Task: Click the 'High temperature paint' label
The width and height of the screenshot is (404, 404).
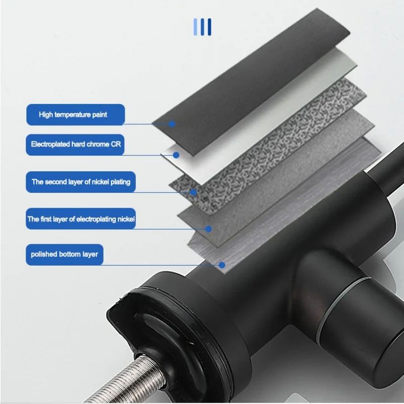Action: pyautogui.click(x=74, y=115)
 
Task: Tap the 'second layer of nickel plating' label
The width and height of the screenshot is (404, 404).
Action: pyautogui.click(x=81, y=182)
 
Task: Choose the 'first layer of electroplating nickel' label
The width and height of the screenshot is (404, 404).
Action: pyautogui.click(x=81, y=219)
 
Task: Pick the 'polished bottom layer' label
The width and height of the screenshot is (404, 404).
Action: pyautogui.click(x=65, y=254)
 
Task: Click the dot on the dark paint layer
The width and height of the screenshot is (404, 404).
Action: pyautogui.click(x=172, y=123)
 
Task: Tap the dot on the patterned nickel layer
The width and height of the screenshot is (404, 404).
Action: pyautogui.click(x=193, y=192)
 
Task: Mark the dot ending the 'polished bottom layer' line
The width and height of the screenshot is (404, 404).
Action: pyautogui.click(x=222, y=264)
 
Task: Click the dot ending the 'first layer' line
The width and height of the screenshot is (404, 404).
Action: pyautogui.click(x=209, y=228)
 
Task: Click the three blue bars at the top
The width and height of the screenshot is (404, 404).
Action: pyautogui.click(x=203, y=27)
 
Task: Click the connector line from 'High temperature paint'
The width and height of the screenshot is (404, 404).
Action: pyautogui.click(x=146, y=124)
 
